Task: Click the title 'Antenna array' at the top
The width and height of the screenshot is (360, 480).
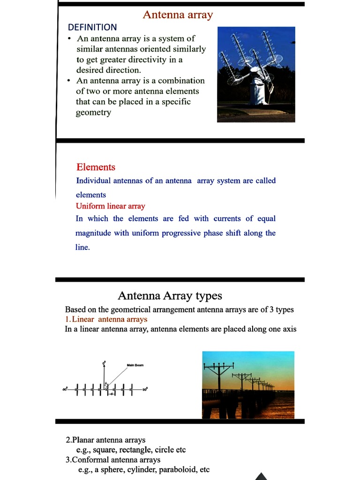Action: click(178, 15)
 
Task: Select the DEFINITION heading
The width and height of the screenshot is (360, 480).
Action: click(92, 27)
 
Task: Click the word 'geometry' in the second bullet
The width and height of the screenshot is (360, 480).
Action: click(93, 112)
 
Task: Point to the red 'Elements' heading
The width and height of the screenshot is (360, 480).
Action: click(96, 167)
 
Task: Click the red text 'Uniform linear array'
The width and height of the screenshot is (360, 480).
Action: click(111, 206)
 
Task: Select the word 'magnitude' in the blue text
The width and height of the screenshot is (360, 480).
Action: click(93, 233)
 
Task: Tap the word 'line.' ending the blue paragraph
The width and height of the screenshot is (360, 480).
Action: click(82, 247)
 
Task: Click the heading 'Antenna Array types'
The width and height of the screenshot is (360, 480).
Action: click(170, 296)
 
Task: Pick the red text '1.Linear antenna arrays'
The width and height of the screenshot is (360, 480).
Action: click(106, 319)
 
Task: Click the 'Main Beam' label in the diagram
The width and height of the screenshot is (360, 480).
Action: click(135, 365)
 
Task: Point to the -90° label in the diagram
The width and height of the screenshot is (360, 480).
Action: click(65, 389)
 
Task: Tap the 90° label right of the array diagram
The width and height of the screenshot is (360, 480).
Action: click(145, 389)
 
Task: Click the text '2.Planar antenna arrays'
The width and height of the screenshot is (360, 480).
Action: click(105, 440)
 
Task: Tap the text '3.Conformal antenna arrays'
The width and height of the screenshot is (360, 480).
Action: click(113, 460)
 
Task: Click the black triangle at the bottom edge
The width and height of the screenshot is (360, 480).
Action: click(261, 476)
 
